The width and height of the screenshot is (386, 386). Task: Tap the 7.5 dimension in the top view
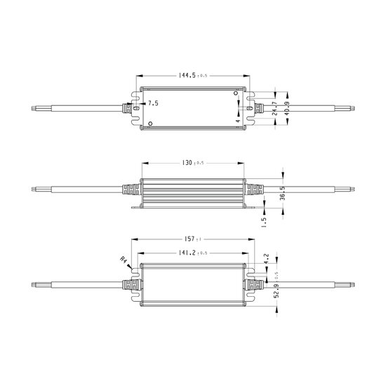click(x=153, y=103)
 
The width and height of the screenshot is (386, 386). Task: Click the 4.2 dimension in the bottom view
click(x=265, y=258)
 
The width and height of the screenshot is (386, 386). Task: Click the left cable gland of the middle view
click(x=131, y=191)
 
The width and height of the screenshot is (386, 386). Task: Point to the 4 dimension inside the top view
click(x=238, y=120)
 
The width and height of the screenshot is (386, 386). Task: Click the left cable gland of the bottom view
click(x=130, y=285)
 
